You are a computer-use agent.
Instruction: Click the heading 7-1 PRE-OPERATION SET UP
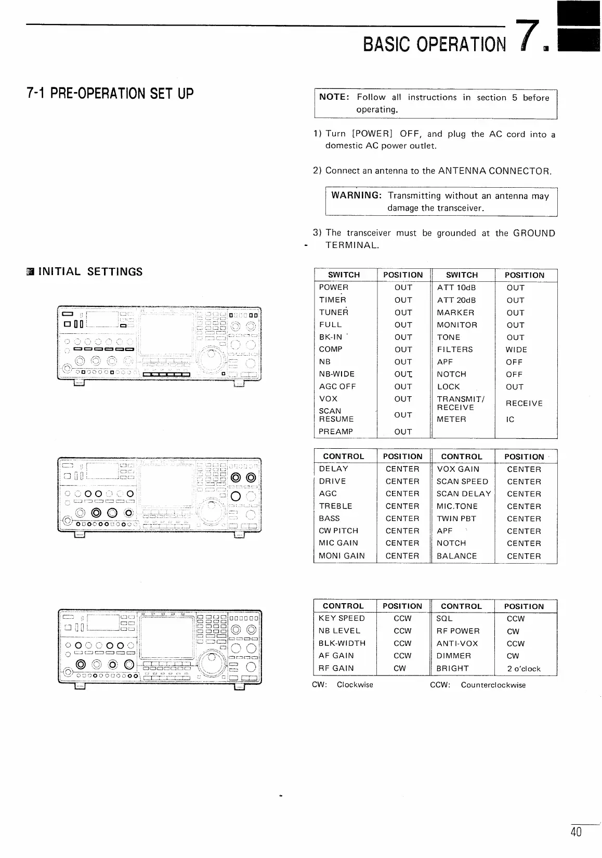pyautogui.click(x=110, y=94)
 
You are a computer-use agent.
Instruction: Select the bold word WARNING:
pyautogui.click(x=357, y=196)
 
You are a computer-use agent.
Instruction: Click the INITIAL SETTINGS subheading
pyautogui.click(x=90, y=271)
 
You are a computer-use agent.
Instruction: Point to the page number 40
pyautogui.click(x=575, y=833)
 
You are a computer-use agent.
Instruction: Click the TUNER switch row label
pyautogui.click(x=334, y=313)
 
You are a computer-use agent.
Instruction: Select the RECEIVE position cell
pyautogui.click(x=524, y=404)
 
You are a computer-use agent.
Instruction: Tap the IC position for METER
pyautogui.click(x=510, y=419)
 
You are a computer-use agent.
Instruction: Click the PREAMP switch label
pyautogui.click(x=336, y=432)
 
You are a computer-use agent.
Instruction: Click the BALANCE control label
pyautogui.click(x=456, y=556)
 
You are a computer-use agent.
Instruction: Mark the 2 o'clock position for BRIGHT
pyautogui.click(x=524, y=669)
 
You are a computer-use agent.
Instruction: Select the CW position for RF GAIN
pyautogui.click(x=400, y=668)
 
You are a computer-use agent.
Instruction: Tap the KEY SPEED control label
pyautogui.click(x=342, y=618)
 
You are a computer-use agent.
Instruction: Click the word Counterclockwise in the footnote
pyautogui.click(x=493, y=685)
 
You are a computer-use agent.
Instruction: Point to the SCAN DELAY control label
pyautogui.click(x=464, y=494)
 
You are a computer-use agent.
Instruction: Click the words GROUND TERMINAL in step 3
pyautogui.click(x=534, y=233)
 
